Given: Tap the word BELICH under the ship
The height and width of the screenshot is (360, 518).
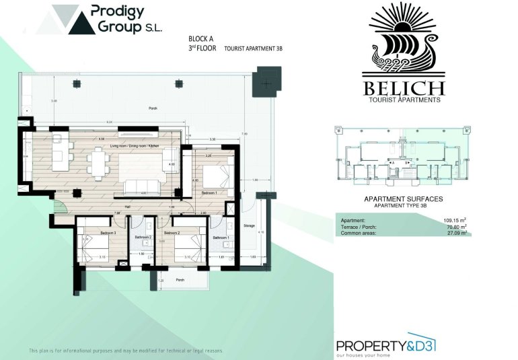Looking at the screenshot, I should (x=404, y=88).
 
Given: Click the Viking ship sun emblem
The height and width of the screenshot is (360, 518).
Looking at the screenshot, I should (x=403, y=40).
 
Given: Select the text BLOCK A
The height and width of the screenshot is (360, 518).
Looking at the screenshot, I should (x=200, y=38).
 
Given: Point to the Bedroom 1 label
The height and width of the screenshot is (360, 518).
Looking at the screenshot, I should (x=209, y=192).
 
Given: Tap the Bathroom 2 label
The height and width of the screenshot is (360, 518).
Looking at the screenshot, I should (x=143, y=237).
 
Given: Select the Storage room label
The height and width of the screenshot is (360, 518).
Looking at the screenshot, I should (x=249, y=225).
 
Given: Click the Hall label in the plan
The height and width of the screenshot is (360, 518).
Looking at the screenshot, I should (x=128, y=207).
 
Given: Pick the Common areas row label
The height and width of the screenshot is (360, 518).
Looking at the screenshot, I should (x=362, y=233).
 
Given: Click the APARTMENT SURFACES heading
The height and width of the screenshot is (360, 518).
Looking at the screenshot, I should (x=403, y=199).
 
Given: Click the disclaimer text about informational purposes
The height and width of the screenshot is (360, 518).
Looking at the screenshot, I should (x=125, y=351).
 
